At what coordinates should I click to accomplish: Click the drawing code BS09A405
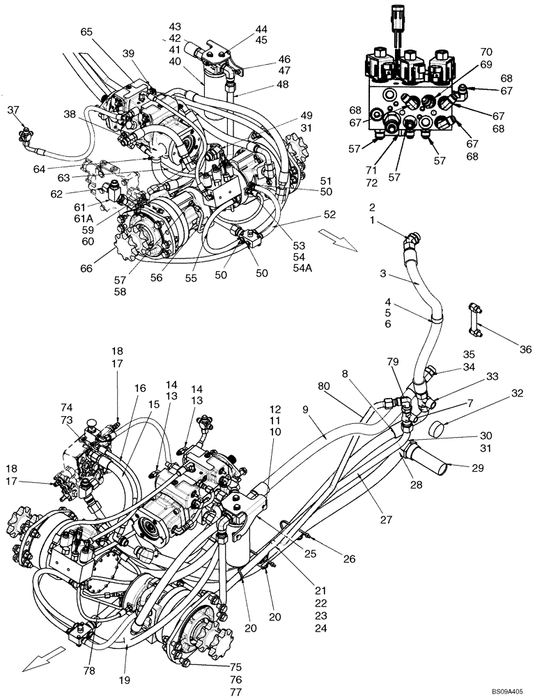pos(507,691)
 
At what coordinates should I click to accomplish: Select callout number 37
pos(13,109)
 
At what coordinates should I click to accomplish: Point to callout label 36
pos(525,349)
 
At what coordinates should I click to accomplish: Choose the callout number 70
pos(486,51)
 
